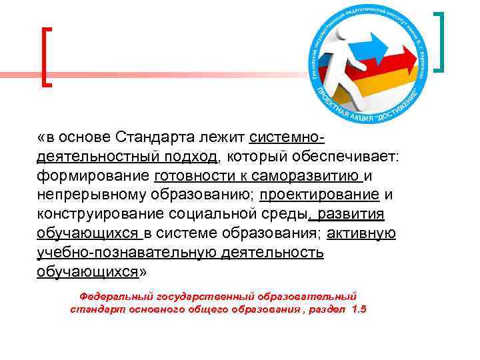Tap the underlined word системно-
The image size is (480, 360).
[287, 138]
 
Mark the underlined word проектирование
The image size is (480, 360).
[319, 195]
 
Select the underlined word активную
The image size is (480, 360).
[363, 234]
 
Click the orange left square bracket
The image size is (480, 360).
[46, 57]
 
